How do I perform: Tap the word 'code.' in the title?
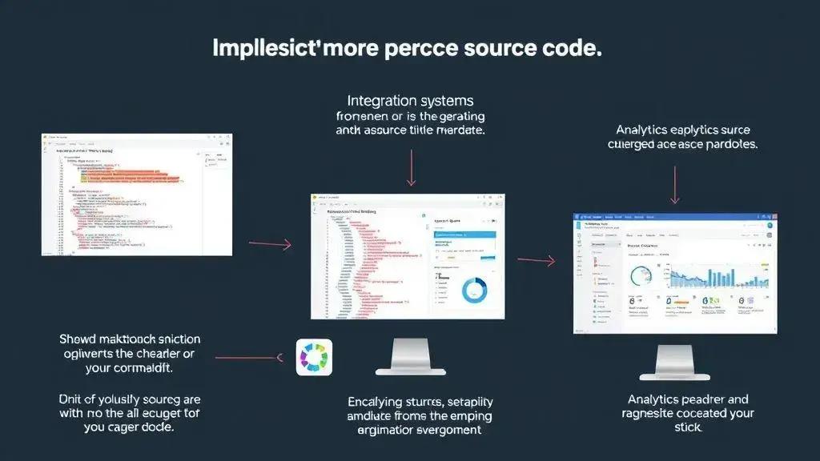569,48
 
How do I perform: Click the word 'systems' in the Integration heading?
443,102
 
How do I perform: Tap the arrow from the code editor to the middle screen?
271,244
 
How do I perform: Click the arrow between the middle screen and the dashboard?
537,260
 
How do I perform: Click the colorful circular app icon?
314,357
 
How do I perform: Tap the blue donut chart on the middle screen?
473,290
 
